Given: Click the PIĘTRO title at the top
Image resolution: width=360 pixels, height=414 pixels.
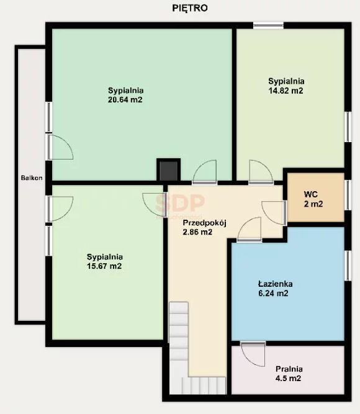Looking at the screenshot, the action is pyautogui.click(x=190, y=8).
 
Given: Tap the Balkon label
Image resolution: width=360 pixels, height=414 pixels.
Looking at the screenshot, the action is pyautogui.click(x=32, y=178).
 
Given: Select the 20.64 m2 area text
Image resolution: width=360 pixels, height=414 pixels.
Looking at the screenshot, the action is pyautogui.click(x=125, y=100).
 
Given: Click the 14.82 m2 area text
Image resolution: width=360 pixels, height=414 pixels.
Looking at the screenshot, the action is pyautogui.click(x=286, y=91).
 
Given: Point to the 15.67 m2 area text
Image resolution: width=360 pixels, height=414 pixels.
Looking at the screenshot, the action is pyautogui.click(x=104, y=266).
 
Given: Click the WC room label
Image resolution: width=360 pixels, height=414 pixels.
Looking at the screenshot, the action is pyautogui.click(x=310, y=194).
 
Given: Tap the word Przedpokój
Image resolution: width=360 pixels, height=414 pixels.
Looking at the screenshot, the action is pyautogui.click(x=205, y=223).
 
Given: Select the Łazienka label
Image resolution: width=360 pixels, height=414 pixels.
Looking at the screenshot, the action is pyautogui.click(x=275, y=284).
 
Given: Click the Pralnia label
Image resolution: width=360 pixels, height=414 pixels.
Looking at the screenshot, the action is pyautogui.click(x=289, y=369).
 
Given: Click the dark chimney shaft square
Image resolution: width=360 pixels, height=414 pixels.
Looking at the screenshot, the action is pyautogui.click(x=168, y=170).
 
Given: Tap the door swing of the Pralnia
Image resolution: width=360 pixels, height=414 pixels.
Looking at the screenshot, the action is pyautogui.click(x=253, y=354).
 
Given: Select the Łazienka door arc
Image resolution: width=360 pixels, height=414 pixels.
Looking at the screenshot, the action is pyautogui.click(x=250, y=229).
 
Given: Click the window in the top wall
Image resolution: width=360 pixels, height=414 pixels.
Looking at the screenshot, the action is pyautogui.click(x=268, y=25).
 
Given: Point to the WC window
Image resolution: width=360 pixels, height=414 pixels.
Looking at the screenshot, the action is pyautogui.click(x=348, y=195).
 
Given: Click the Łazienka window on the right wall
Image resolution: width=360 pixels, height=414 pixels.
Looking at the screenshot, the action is pyautogui.click(x=348, y=266).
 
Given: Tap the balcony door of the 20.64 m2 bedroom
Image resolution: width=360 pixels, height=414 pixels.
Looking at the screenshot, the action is pyautogui.click(x=60, y=147).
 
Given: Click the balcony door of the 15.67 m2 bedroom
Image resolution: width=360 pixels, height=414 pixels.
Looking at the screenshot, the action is pyautogui.click(x=60, y=209).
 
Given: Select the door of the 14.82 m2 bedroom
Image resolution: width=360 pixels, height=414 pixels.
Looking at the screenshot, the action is pyautogui.click(x=261, y=171).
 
